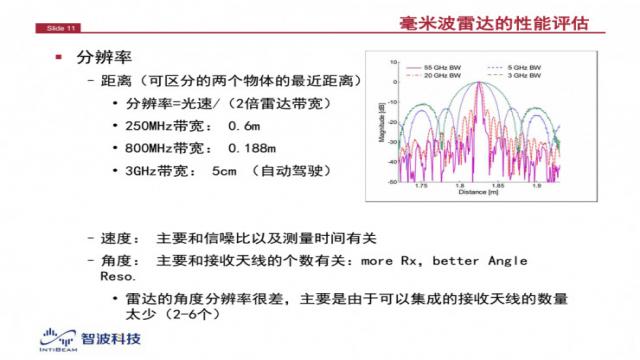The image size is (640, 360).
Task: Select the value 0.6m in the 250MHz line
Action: pyautogui.click(x=244, y=127)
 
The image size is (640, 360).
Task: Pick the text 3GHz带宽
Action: pyautogui.click(x=161, y=171)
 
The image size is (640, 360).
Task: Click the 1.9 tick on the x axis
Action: pyautogui.click(x=537, y=184)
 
